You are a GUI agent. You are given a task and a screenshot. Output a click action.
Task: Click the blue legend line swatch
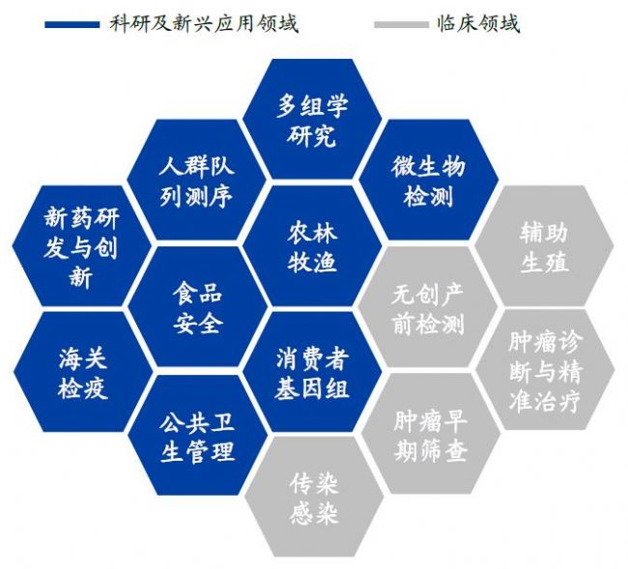click(72, 24)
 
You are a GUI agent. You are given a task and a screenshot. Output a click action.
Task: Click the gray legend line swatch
click(401, 24)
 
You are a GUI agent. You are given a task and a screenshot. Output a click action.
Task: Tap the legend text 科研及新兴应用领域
click(204, 23)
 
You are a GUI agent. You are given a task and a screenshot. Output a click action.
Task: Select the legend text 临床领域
click(478, 23)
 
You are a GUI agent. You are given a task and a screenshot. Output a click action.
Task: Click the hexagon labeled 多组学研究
click(312, 119)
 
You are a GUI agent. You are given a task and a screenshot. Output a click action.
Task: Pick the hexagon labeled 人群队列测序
click(197, 180)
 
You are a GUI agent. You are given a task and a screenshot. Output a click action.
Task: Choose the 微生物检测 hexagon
click(429, 180)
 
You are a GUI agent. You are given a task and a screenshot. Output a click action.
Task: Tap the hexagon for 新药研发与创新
click(82, 246)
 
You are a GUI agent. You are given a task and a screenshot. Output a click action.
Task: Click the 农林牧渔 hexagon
click(312, 246)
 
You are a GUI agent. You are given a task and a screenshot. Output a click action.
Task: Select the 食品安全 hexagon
click(197, 306)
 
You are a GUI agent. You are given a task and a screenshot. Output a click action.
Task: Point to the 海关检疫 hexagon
click(83, 372)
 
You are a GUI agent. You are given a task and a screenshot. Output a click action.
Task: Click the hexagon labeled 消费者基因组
click(312, 372)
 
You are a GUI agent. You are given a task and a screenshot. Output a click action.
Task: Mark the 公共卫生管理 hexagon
click(197, 436)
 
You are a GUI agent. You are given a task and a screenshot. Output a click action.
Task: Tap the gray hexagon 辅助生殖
click(544, 246)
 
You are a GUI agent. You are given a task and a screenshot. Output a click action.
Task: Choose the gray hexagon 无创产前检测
click(429, 306)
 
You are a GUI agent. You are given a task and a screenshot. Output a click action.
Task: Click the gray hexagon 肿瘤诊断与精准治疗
click(545, 369)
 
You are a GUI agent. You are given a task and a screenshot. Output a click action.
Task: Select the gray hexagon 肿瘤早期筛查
click(431, 434)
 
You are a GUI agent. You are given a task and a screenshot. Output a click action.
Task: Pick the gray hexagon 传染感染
click(314, 497)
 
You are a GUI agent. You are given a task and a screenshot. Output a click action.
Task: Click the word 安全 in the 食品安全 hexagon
click(197, 323)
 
